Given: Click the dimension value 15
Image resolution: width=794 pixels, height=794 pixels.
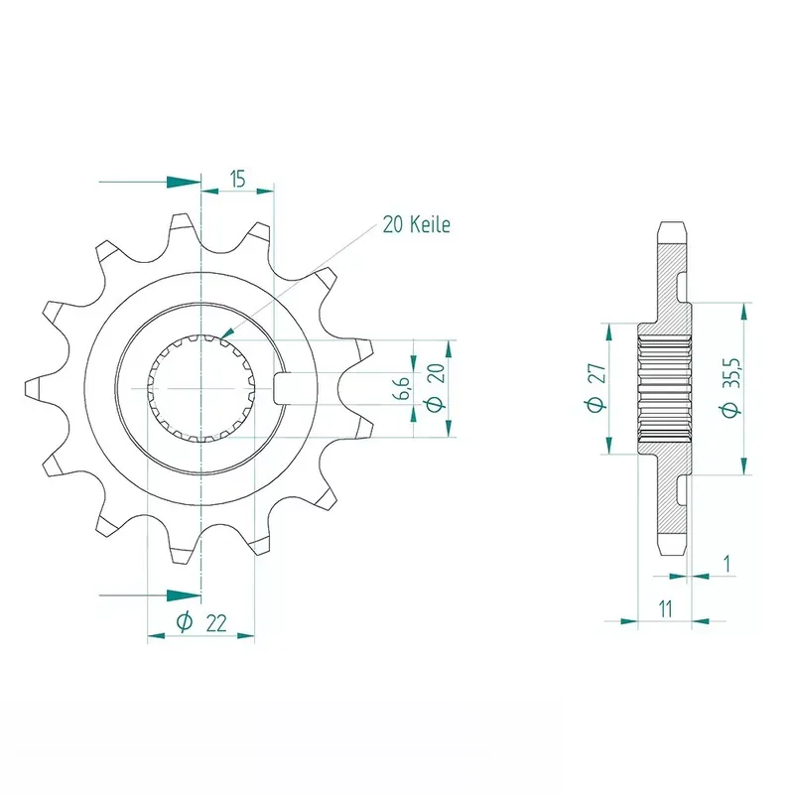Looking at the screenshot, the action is click(x=237, y=179).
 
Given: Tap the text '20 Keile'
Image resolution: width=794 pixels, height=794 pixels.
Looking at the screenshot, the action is click(x=416, y=224).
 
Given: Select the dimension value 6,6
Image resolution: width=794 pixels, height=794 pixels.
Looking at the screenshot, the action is click(x=402, y=388).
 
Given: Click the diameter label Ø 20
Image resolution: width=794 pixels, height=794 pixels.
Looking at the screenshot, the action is click(x=436, y=387).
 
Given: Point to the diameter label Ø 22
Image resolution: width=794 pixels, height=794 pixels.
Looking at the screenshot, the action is click(x=201, y=622).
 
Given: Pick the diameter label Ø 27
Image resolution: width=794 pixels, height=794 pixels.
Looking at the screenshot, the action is click(x=596, y=387).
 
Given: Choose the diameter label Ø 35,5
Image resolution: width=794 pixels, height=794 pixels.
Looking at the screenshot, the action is click(x=730, y=387).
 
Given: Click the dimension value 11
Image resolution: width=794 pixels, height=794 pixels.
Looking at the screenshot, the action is click(x=665, y=608).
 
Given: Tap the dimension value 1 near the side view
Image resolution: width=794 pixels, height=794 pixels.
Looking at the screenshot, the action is click(x=728, y=563).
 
